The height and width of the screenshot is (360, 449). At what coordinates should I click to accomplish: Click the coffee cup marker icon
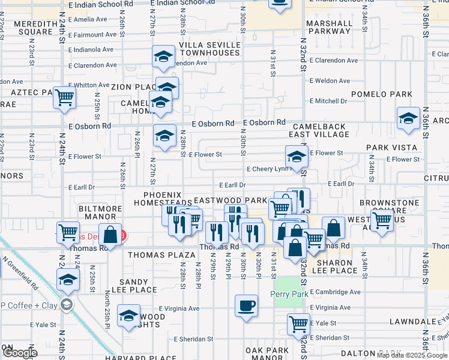[246, 305]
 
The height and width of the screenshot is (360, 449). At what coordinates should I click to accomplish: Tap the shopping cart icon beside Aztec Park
[64, 97]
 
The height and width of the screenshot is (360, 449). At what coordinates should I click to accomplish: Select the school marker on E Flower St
[297, 157]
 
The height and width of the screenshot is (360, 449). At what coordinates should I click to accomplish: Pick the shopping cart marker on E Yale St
[298, 324]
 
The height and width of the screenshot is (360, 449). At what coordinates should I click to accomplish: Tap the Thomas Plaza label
[161, 255]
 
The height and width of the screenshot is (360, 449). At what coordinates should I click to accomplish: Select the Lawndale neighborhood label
[411, 322]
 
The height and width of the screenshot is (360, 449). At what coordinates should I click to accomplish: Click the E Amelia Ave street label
[88, 19]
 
